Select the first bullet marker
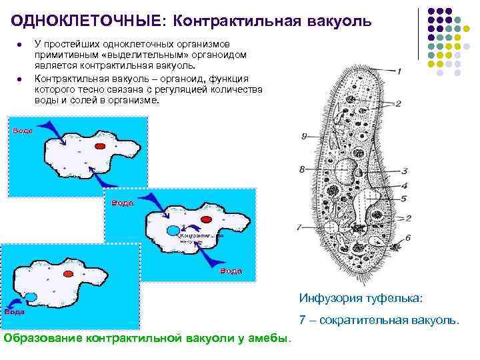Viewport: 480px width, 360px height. coord(21,44)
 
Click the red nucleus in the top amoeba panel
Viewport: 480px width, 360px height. coord(100,145)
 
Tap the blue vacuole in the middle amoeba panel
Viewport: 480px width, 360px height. coord(172,230)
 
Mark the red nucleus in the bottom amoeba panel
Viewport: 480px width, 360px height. coord(68,273)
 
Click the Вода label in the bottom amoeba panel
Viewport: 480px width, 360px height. coord(15,311)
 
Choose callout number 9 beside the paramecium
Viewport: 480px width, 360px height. coord(304,136)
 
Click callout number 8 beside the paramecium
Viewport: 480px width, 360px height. coord(302,169)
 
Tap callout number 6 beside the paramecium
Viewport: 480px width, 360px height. coord(407,237)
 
